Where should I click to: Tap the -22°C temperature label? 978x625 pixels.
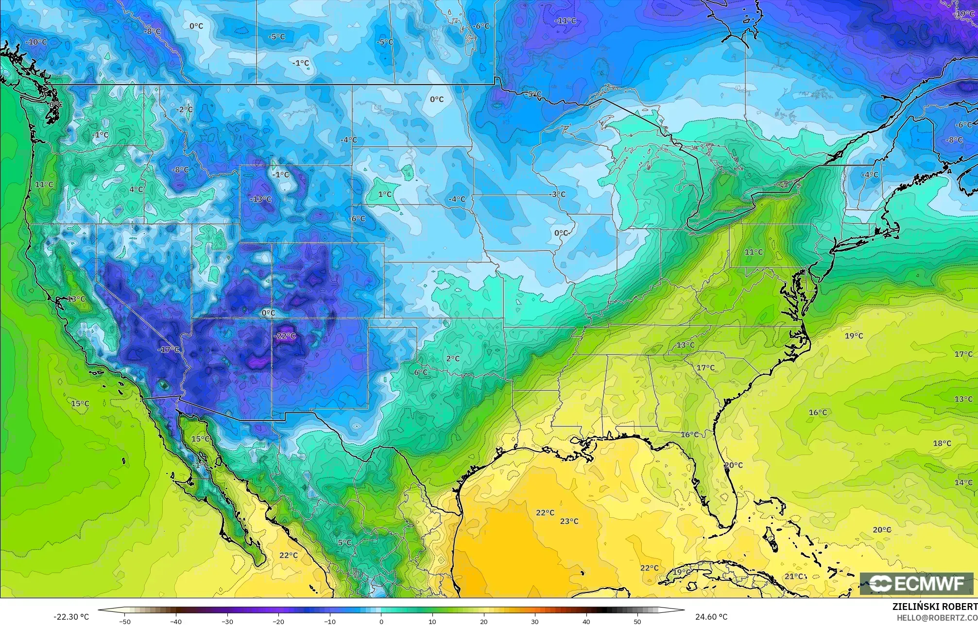point(285,336)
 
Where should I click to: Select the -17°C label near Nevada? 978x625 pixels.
point(168,349)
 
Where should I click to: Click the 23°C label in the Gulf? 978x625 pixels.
point(569,521)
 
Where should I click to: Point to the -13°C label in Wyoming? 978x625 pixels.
point(260,199)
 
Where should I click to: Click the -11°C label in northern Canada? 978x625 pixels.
point(565,20)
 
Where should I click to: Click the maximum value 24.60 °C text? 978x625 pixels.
point(711,617)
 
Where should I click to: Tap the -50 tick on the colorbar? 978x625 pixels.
point(125,622)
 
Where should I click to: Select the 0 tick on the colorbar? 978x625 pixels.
point(381,622)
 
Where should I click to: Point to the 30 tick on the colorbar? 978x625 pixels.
point(535,622)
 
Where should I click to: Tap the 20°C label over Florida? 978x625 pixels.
point(733,465)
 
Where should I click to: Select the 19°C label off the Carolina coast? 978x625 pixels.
point(854,336)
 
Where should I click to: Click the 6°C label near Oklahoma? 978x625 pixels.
point(421,372)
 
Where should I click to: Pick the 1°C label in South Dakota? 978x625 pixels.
point(385,194)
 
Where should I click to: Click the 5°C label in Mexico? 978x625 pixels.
point(344,542)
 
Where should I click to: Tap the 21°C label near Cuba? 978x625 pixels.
point(794,576)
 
